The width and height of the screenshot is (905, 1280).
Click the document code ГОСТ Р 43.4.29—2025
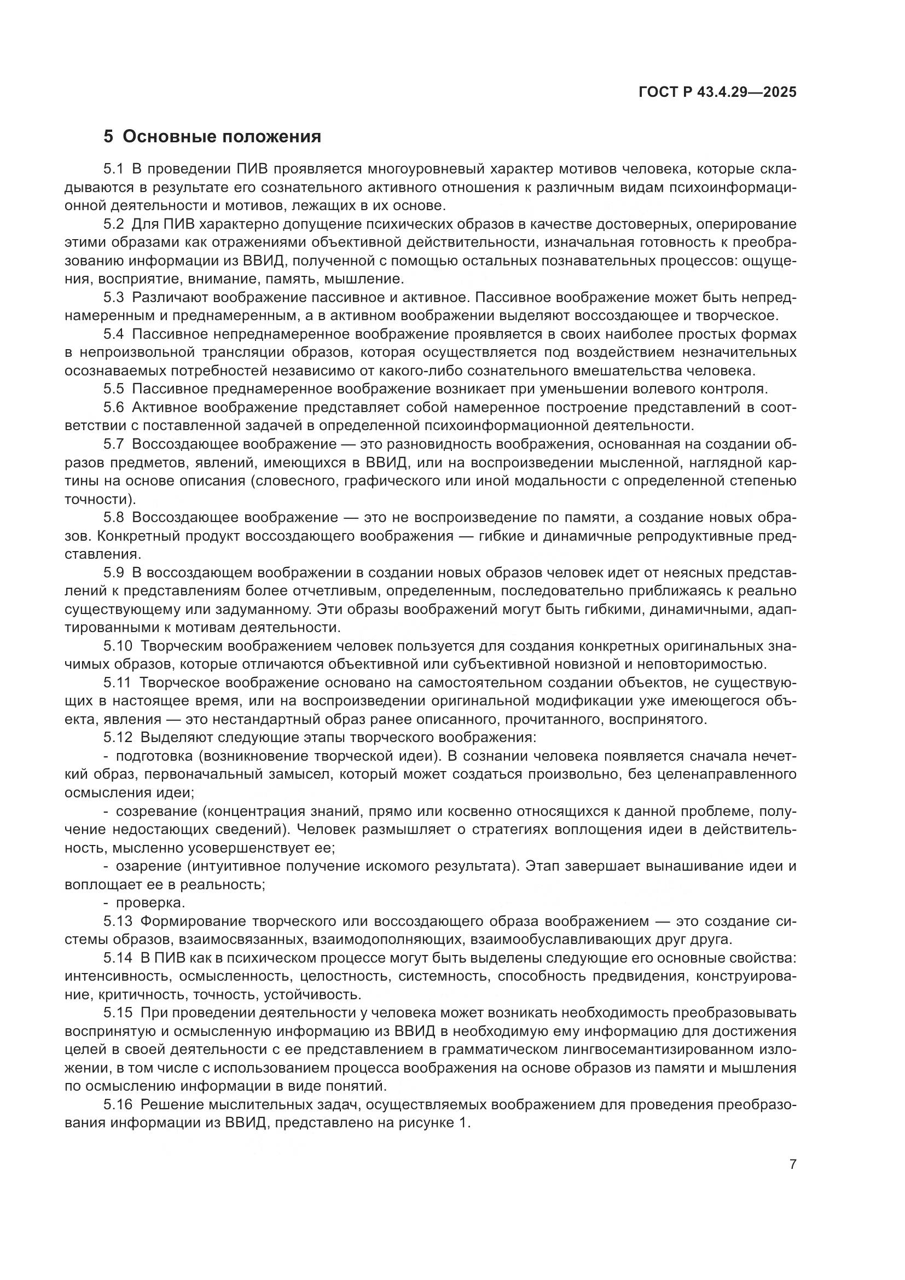pyautogui.click(x=717, y=92)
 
